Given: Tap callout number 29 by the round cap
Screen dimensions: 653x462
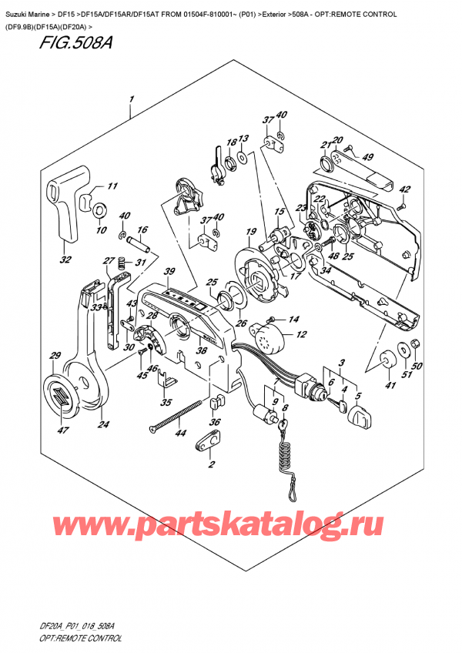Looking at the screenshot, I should click(54, 355).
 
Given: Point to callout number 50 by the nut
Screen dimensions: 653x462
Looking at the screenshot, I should click(417, 366).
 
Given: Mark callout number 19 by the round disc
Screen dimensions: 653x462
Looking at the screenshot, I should click(250, 232).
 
